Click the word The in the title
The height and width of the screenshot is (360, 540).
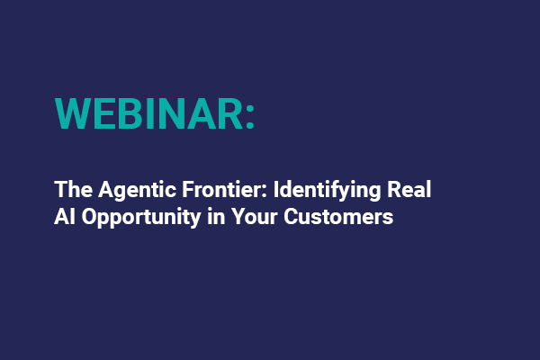tap(70, 190)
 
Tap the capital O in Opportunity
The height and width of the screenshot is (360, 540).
tap(89, 217)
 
